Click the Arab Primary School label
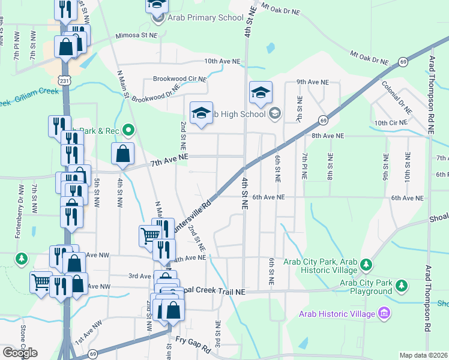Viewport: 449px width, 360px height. [205, 17]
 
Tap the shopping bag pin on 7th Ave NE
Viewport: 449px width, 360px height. [122, 154]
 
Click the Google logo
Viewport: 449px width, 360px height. [20, 353]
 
